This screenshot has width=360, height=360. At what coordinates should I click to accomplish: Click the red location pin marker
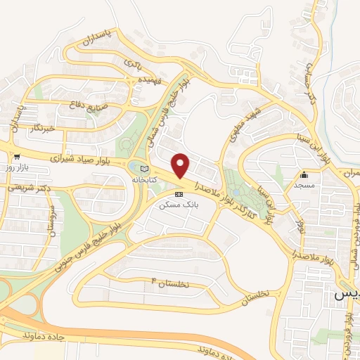[181, 166]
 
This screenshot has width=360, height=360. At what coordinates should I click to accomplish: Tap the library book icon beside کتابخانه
[144, 169]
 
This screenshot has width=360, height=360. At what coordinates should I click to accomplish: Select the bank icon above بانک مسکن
[178, 193]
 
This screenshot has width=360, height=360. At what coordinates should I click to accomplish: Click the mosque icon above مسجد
[304, 175]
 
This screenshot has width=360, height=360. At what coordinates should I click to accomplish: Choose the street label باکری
[134, 65]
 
